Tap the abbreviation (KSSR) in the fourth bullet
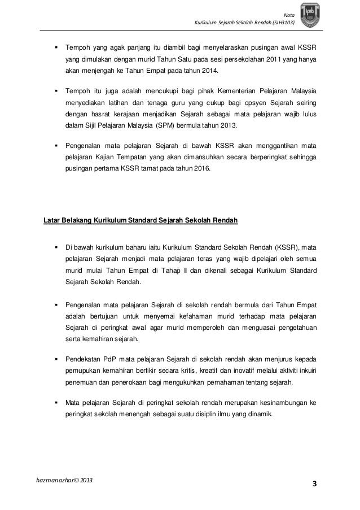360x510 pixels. pyautogui.click(x=288, y=247)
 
